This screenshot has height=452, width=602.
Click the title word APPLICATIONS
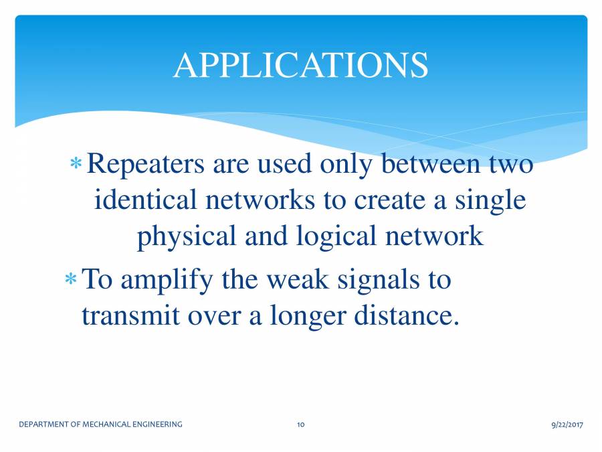point(300,65)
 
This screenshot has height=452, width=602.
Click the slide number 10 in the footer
point(301,424)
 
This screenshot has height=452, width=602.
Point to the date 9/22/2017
point(567,424)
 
